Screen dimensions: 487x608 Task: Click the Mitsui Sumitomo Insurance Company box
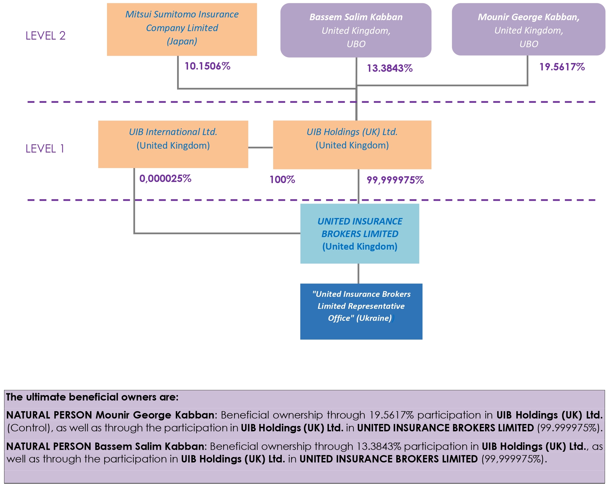(x=182, y=29)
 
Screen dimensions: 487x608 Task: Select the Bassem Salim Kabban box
(x=356, y=30)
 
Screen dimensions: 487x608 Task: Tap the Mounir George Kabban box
(x=528, y=29)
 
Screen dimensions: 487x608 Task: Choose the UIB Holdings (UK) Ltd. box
(x=352, y=145)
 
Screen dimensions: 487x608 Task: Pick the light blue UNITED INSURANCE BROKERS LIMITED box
(x=360, y=234)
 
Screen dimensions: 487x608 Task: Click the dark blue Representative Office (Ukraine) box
(x=361, y=311)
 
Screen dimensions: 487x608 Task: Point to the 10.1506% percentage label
(x=207, y=66)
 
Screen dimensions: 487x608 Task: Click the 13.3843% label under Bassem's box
(x=389, y=68)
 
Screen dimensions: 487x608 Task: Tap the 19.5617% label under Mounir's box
(x=562, y=67)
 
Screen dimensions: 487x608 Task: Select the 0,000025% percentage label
(x=165, y=178)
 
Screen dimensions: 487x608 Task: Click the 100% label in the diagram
(x=282, y=180)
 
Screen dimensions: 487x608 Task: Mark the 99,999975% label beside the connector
(x=395, y=180)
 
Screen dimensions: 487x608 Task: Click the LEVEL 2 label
(x=45, y=36)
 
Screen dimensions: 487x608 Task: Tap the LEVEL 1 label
(x=45, y=149)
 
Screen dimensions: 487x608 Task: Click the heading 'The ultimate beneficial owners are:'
(x=92, y=397)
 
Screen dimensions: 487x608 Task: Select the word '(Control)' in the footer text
(x=30, y=428)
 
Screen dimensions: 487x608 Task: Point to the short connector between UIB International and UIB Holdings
(x=260, y=148)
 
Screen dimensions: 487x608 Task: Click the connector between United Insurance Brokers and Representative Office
(x=358, y=274)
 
